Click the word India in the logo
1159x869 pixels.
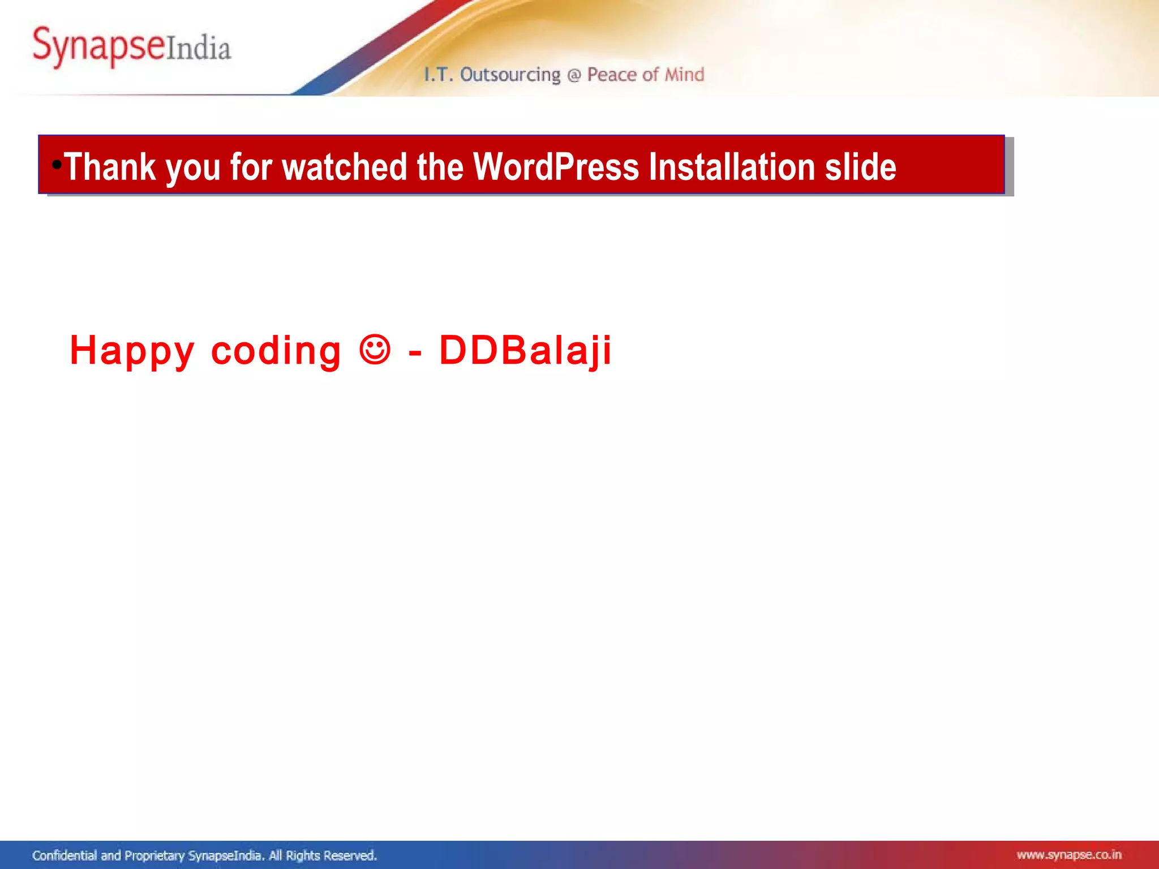[199, 48]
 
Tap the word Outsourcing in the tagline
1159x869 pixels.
[510, 75]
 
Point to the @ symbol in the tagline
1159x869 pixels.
[574, 75]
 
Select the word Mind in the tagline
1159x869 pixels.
[684, 75]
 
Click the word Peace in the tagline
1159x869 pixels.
[612, 75]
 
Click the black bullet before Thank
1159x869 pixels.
[57, 165]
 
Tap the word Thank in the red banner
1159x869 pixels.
[110, 167]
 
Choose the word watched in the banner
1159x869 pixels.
[345, 167]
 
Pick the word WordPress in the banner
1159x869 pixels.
[556, 167]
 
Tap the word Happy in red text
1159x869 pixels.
[132, 351]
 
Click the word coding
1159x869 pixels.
[276, 351]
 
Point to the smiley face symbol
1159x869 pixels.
[375, 349]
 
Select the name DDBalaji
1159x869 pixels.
[525, 350]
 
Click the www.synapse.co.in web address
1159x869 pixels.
[1068, 855]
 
